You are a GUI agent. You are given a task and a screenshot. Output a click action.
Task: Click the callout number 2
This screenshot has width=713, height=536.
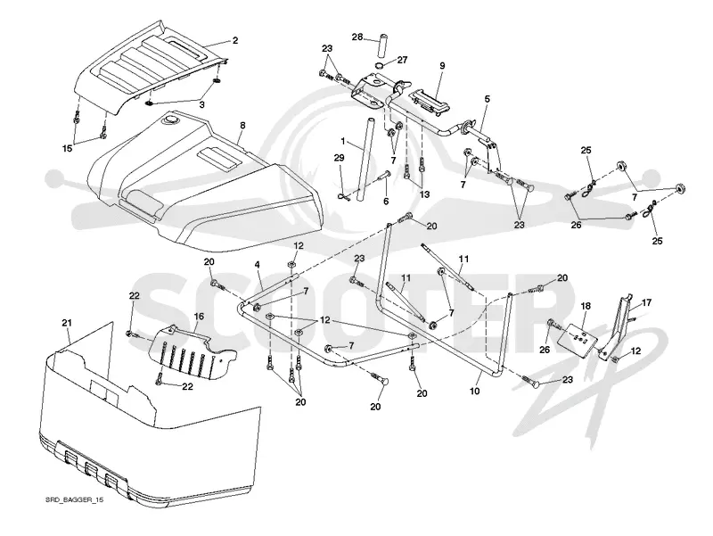click(x=235, y=40)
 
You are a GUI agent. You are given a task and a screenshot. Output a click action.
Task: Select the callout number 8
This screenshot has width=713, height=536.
click(x=242, y=125)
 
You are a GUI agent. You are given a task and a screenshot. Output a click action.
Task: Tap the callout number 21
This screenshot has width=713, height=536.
click(x=67, y=323)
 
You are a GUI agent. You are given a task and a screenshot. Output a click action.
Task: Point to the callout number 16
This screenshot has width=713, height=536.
click(x=199, y=317)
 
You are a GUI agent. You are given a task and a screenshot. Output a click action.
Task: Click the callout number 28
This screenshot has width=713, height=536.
click(x=357, y=37)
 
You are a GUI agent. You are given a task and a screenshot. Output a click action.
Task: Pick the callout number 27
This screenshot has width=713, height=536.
click(x=403, y=60)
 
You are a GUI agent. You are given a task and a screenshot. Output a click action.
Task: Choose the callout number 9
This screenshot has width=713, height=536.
click(x=442, y=65)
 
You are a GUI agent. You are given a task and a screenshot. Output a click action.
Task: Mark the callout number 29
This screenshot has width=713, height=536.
click(x=340, y=158)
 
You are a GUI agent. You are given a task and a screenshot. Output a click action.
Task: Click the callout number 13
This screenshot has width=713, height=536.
click(x=424, y=194)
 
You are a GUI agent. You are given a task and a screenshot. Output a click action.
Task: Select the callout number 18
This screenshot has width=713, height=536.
click(x=586, y=306)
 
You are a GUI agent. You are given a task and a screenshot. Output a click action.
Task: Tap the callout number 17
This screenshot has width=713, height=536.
click(x=646, y=301)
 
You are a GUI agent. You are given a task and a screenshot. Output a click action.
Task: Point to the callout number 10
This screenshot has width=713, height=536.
click(x=474, y=391)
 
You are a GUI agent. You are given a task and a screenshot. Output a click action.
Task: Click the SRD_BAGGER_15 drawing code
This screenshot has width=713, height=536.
click(x=75, y=499)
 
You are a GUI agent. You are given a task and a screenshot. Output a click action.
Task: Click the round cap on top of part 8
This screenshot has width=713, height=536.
click(x=171, y=120)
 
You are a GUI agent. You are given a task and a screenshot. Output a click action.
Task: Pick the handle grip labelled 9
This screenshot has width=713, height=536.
click(x=430, y=101)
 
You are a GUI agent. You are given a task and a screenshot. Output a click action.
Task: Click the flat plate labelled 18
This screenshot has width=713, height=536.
click(x=577, y=339)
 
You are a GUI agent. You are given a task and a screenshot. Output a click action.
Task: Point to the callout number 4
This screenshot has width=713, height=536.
click(x=257, y=264)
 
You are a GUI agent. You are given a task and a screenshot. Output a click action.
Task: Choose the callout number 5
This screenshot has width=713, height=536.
click(x=487, y=98)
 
